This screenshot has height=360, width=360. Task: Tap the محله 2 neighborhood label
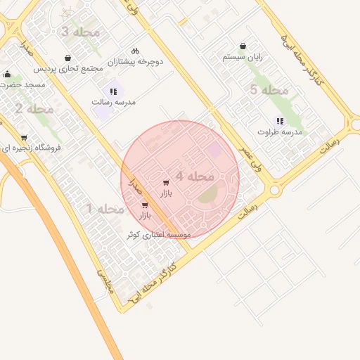(34, 109)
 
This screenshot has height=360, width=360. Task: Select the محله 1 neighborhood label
(105, 209)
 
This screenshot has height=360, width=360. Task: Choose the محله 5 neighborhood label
(269, 90)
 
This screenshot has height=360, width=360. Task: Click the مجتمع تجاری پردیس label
(72, 69)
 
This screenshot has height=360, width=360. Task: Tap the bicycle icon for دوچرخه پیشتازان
(136, 51)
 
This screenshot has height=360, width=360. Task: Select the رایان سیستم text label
(242, 56)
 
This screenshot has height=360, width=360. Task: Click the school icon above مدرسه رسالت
(113, 91)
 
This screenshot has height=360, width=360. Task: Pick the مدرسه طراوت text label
(279, 132)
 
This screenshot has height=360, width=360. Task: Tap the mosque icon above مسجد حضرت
(8, 74)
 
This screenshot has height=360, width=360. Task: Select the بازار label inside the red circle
(166, 193)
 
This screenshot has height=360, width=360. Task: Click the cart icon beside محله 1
(145, 205)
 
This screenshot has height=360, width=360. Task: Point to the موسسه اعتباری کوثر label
(159, 235)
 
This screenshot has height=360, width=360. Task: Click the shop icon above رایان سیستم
(243, 46)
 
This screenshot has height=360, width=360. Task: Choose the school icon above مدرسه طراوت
(280, 121)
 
